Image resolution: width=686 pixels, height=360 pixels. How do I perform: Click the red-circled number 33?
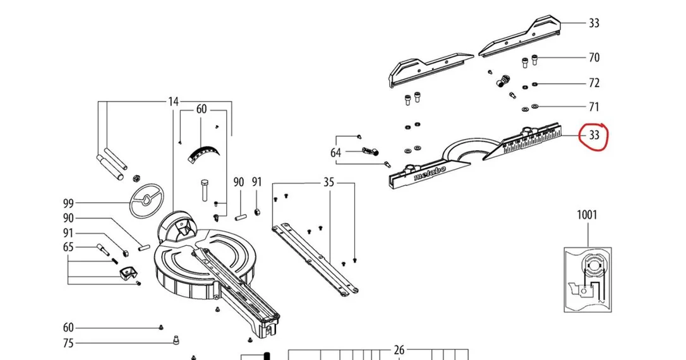(x=594, y=135)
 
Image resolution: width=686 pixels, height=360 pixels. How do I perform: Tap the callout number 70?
(x=594, y=57)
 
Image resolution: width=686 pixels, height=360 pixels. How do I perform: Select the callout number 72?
(x=594, y=83)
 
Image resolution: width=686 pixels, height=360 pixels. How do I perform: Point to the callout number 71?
(x=594, y=107)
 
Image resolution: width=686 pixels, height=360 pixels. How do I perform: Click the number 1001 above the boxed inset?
(x=587, y=215)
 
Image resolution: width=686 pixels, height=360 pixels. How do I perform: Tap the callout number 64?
(x=335, y=153)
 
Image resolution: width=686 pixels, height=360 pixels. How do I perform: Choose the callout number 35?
(x=328, y=182)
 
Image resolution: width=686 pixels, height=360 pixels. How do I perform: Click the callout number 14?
(x=173, y=102)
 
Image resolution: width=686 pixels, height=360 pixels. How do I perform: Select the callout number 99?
(x=68, y=203)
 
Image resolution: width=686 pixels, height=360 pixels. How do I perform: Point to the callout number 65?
(x=68, y=247)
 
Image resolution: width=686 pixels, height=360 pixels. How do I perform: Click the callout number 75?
(x=68, y=344)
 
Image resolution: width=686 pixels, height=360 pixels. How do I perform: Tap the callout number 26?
(x=399, y=350)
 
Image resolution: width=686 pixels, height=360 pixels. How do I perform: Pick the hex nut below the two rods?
(x=136, y=178)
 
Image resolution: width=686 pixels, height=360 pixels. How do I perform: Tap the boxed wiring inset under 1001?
(x=587, y=280)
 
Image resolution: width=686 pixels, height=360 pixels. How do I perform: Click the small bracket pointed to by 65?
(x=127, y=272)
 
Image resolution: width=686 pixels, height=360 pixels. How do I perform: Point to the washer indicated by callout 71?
(x=534, y=106)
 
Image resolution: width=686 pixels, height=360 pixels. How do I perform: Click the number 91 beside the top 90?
(x=257, y=181)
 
